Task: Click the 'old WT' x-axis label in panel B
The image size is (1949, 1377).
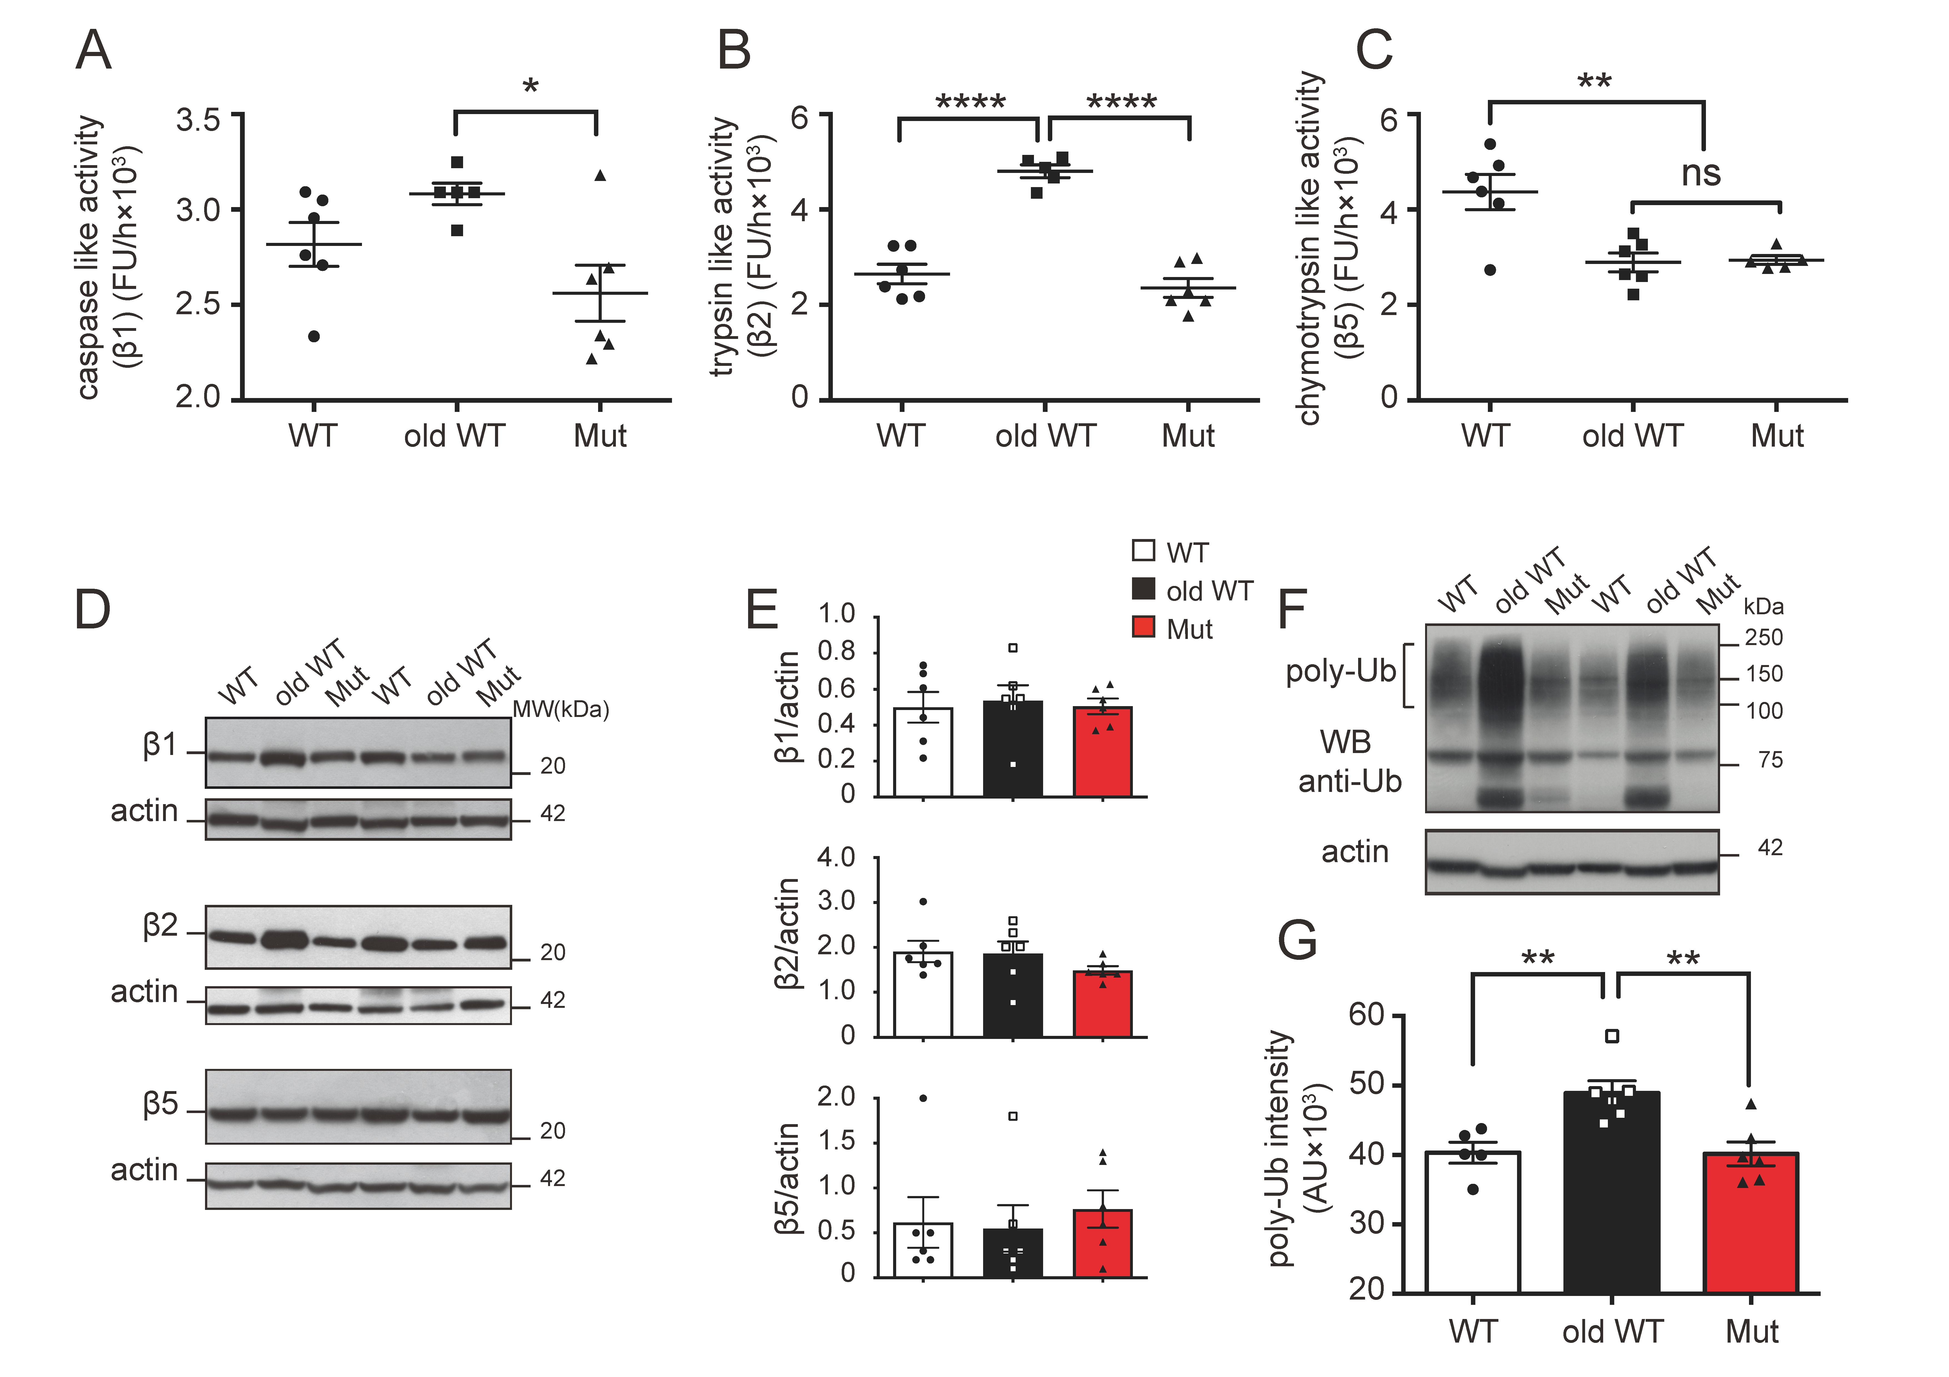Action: click(1045, 436)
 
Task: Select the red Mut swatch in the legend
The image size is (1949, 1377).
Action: click(1143, 627)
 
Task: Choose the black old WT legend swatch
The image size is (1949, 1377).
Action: click(1143, 589)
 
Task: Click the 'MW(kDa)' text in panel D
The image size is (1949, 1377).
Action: click(561, 709)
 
